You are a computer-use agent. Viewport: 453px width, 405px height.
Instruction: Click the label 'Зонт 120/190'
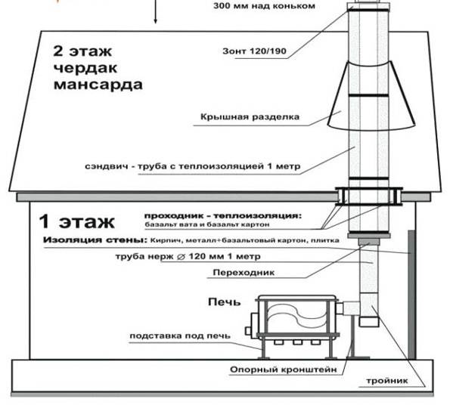pyautogui.click(x=254, y=51)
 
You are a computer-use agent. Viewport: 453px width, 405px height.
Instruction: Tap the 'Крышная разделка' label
pyautogui.click(x=250, y=117)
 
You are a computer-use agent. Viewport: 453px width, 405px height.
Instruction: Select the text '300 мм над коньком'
pyautogui.click(x=264, y=6)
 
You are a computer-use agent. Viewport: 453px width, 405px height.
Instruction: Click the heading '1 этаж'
pyautogui.click(x=76, y=221)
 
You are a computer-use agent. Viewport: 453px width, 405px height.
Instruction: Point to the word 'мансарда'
pyautogui.click(x=98, y=85)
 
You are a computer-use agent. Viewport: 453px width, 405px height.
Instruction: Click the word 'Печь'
pyautogui.click(x=224, y=302)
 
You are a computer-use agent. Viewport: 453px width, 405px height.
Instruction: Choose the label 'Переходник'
pyautogui.click(x=244, y=273)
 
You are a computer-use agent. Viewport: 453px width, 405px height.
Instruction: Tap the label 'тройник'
pyautogui.click(x=387, y=381)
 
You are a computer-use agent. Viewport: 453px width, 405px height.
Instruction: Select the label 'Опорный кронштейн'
pyautogui.click(x=284, y=369)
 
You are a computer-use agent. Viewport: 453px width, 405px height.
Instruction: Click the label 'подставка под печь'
pyautogui.click(x=180, y=336)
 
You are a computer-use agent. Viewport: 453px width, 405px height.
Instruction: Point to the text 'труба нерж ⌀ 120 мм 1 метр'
pyautogui.click(x=188, y=256)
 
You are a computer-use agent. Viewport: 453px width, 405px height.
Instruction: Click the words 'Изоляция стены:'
pyautogui.click(x=95, y=240)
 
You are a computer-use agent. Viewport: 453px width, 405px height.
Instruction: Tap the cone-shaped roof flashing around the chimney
pyautogui.click(x=371, y=95)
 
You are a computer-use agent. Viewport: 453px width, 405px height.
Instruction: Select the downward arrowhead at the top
pyautogui.click(x=156, y=21)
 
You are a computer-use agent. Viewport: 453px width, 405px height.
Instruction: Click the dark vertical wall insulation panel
pyautogui.click(x=412, y=295)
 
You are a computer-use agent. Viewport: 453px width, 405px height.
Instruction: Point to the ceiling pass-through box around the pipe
pyautogui.click(x=368, y=196)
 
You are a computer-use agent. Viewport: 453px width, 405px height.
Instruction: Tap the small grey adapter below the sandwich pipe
pyautogui.click(x=368, y=242)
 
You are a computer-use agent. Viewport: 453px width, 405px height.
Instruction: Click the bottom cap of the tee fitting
pyautogui.click(x=368, y=322)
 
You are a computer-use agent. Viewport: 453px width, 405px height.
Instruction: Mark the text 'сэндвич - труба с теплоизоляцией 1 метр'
pyautogui.click(x=193, y=166)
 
